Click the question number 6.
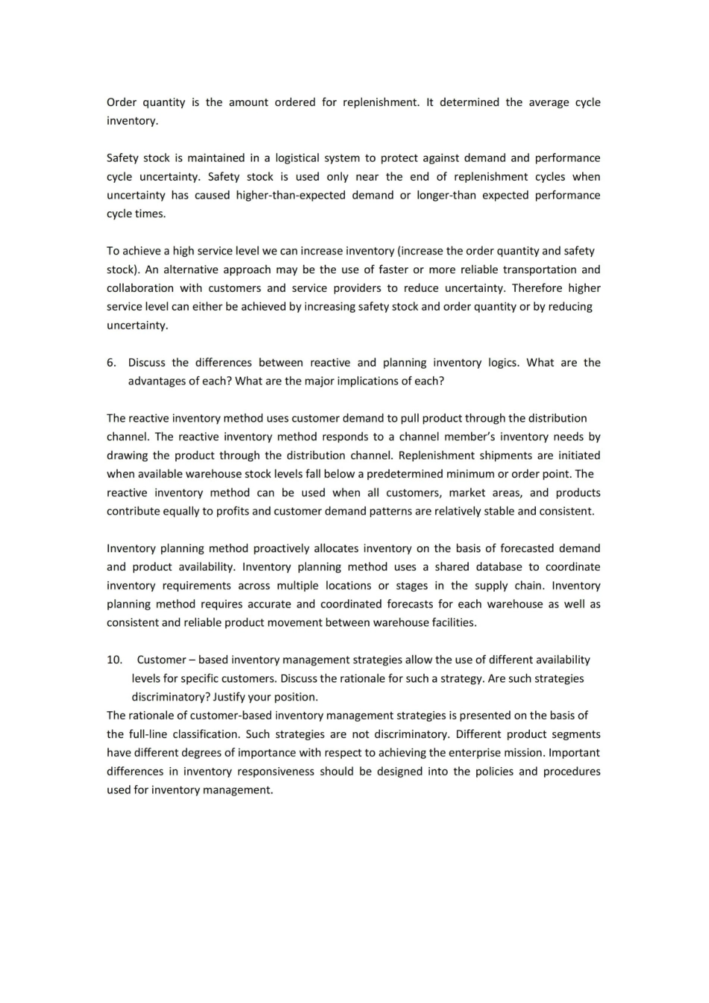[x=111, y=363]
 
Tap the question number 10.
[x=114, y=660]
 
